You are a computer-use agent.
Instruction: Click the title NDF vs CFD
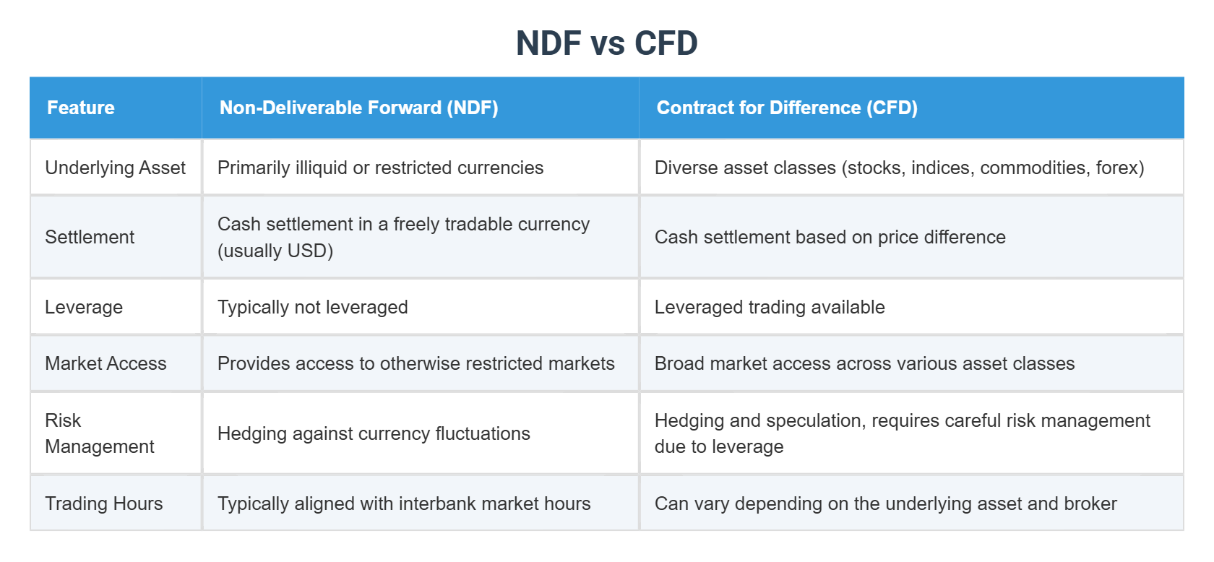606,43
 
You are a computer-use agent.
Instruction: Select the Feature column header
81,108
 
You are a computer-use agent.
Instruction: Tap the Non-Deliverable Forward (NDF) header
358,108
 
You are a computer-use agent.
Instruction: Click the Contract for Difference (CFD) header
787,108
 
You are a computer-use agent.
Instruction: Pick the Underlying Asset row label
115,168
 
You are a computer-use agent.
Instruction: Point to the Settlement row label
90,237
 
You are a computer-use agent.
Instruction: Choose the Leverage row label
84,307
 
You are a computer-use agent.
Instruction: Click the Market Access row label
106,363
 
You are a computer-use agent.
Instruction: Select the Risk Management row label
100,433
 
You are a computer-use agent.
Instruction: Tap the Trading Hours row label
104,503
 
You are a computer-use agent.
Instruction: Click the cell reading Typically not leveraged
313,307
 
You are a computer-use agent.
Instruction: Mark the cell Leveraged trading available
770,307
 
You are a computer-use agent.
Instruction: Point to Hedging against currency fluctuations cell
374,433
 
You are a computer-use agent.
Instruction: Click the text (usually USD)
275,251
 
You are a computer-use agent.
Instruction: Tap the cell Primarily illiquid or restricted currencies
380,168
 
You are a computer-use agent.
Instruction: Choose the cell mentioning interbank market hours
404,503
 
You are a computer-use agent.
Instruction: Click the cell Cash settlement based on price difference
830,237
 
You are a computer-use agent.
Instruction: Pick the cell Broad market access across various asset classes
864,363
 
